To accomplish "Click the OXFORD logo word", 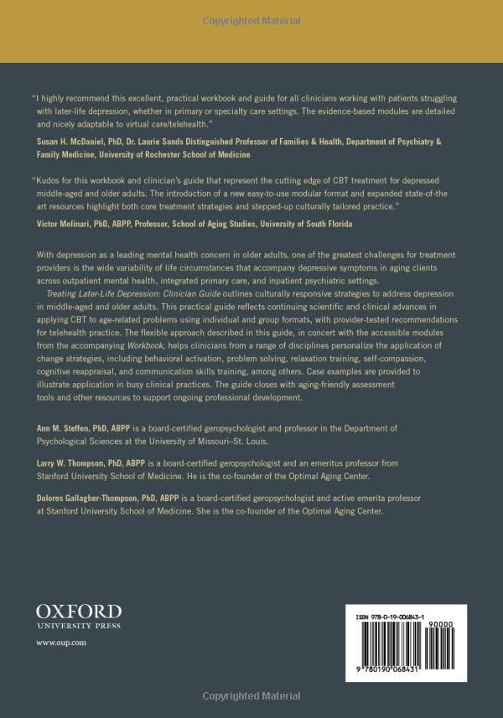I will click(79, 611).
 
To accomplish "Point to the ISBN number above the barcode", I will click(397, 615).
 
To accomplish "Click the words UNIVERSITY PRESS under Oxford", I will click(79, 625).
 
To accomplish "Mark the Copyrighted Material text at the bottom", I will click(251, 695).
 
